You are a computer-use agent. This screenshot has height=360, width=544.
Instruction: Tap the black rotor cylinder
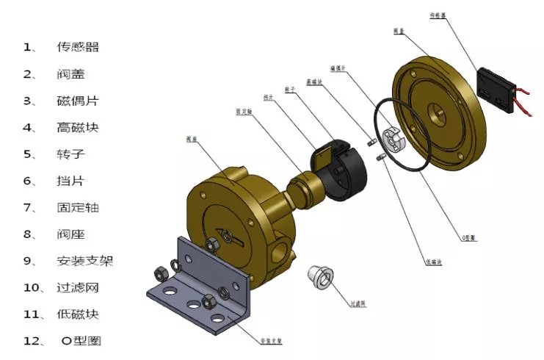346,171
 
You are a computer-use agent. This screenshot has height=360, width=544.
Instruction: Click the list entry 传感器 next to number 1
78,47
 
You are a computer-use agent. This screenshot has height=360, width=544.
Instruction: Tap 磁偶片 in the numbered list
78,101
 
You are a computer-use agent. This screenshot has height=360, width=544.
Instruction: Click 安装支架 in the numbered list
85,260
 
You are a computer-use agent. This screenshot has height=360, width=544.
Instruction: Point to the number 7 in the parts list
29,207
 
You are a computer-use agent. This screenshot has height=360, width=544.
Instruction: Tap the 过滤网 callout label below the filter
358,303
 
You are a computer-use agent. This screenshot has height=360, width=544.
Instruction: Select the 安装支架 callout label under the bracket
272,341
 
